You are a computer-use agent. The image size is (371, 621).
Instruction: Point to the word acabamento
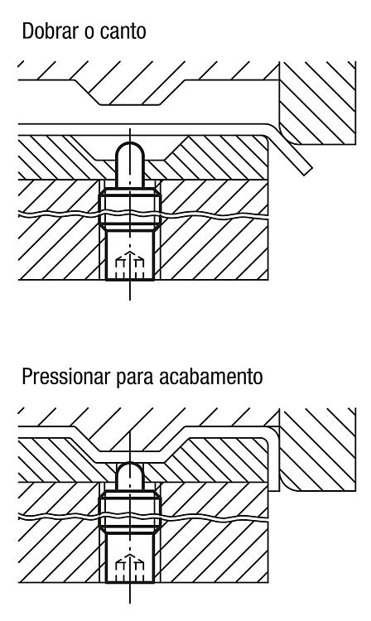[210, 376]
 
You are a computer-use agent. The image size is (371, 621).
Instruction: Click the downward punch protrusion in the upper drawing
[131, 93]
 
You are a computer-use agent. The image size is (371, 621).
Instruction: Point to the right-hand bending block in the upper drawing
[317, 103]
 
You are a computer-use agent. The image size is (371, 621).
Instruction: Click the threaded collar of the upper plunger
[129, 209]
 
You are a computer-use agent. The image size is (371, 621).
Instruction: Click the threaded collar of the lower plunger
[129, 512]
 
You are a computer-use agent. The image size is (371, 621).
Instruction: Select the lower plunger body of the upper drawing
[129, 255]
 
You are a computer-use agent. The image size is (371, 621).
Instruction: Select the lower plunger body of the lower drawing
[129, 557]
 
